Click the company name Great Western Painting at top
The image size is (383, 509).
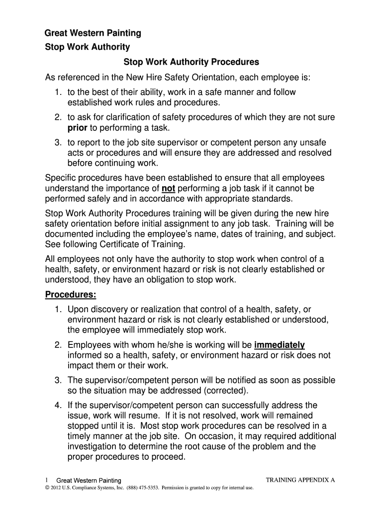(93, 33)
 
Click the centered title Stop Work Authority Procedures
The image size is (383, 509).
(191, 63)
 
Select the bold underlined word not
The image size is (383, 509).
(169, 188)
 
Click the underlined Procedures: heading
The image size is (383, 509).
(71, 295)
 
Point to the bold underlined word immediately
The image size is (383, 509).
(280, 345)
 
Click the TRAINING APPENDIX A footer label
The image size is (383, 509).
(301, 480)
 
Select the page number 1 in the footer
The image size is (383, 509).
(46, 480)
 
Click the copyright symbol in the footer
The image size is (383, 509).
(47, 488)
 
